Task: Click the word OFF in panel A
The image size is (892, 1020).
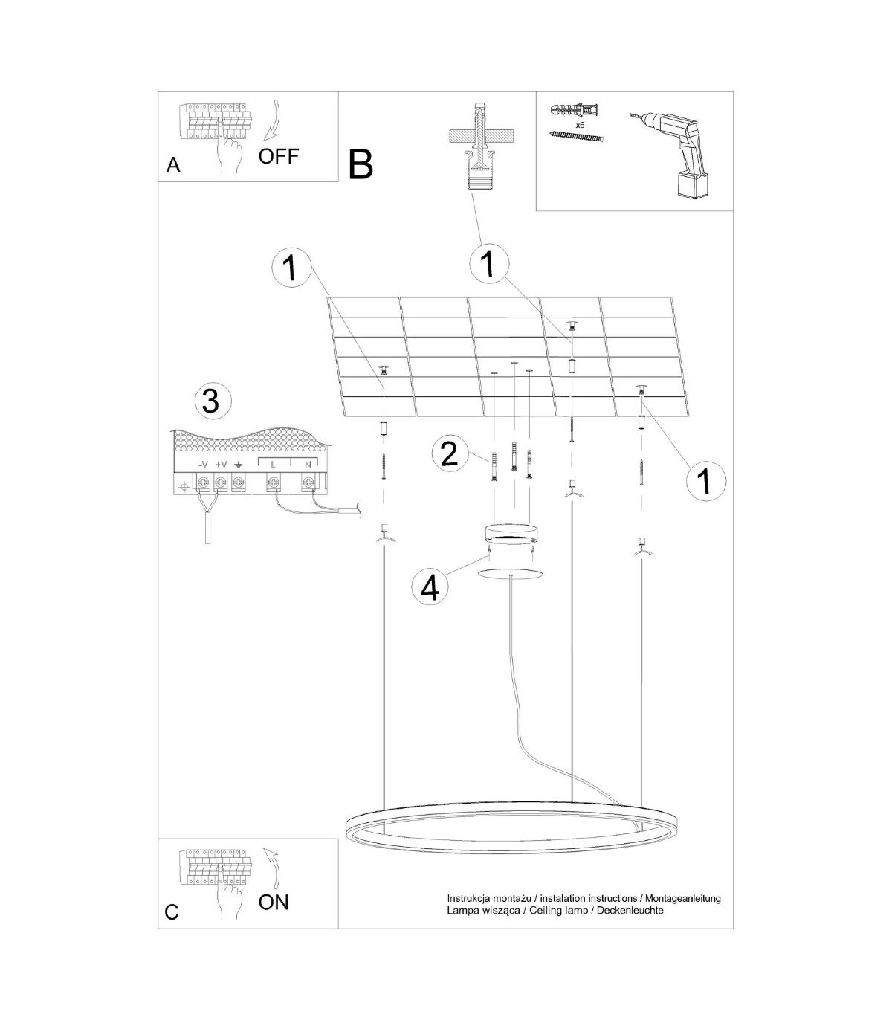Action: tap(278, 156)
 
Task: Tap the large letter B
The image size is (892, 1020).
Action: tap(361, 165)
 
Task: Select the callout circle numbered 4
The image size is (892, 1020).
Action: tap(430, 588)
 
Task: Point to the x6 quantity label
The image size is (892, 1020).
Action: tap(580, 125)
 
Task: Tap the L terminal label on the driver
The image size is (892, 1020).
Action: tap(273, 465)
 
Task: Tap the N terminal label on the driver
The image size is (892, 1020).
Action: tap(308, 465)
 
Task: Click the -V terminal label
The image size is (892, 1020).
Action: tap(203, 465)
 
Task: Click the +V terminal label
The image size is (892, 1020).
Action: tap(222, 465)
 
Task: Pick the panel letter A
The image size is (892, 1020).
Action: tap(173, 165)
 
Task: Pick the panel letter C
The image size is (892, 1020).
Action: tap(172, 927)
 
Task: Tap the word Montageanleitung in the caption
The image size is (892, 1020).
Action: tap(682, 912)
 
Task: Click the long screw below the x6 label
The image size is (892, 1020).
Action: tap(577, 137)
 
